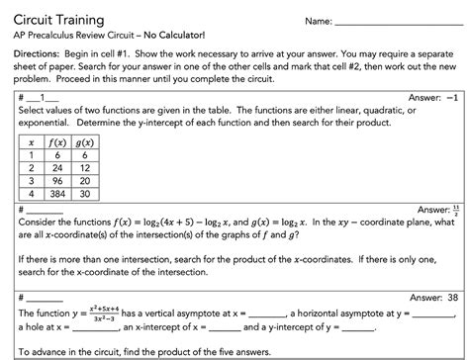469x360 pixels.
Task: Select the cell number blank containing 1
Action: [38, 100]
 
